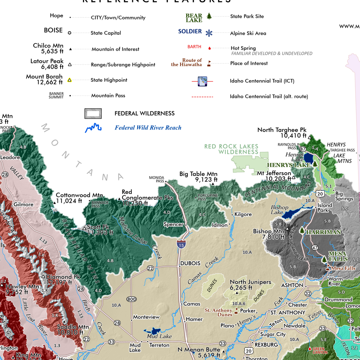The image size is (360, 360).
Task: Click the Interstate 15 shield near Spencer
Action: point(181,244)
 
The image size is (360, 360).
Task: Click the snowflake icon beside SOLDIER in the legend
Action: point(209,33)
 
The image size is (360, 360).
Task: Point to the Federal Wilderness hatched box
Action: point(93,113)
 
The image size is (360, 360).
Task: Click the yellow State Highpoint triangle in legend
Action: point(70,80)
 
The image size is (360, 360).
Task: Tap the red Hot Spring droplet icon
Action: point(210,48)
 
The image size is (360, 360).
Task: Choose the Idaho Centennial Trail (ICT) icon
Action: point(202,81)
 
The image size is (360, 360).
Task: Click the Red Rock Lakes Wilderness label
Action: point(231,149)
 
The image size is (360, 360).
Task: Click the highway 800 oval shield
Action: point(131,299)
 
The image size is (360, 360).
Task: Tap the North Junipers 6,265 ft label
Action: point(250,284)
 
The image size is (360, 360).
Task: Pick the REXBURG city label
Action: point(266,345)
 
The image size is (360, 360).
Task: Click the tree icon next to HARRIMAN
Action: point(302,230)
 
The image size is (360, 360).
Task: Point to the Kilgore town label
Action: point(243,214)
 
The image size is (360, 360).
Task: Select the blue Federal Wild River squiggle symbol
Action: point(94,128)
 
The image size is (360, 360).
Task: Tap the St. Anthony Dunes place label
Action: point(219,312)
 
